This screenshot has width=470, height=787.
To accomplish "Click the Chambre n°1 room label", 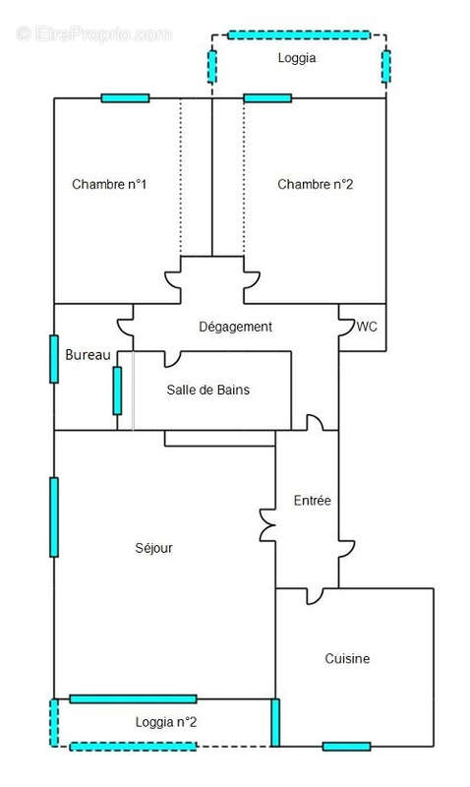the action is (109, 184).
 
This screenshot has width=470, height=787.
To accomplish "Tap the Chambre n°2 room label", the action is (315, 184).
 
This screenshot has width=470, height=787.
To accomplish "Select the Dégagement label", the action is (235, 327).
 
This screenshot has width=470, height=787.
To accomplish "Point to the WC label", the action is (367, 327).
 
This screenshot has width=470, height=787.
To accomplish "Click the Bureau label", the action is (88, 355).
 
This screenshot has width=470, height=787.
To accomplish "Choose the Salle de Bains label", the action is (207, 390).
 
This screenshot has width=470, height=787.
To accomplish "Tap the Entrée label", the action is (312, 501).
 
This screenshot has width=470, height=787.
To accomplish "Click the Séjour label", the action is (153, 548).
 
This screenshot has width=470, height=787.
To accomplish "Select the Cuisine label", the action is (347, 658).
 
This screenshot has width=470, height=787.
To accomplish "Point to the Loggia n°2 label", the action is (165, 722).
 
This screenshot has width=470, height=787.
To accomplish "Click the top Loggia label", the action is (296, 58).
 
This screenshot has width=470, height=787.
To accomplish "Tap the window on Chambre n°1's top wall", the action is (126, 98).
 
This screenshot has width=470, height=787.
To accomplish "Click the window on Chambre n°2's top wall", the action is (267, 98).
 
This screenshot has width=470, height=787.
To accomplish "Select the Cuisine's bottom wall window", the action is (347, 747).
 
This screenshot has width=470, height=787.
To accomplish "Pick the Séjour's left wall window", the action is (54, 517).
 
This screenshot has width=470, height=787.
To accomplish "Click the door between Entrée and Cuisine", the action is (316, 596).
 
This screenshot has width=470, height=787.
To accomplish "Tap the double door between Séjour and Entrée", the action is (267, 525).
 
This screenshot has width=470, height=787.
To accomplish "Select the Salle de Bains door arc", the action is (173, 358).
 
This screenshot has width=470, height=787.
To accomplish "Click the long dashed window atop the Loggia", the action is (299, 35).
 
